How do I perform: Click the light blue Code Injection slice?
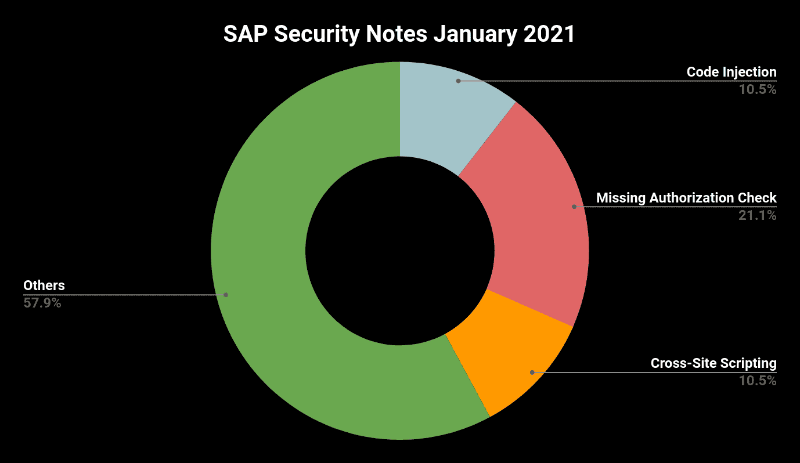[447, 110]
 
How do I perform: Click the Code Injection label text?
[731, 72]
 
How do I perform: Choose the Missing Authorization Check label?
[686, 198]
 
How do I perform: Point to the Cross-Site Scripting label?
[713, 363]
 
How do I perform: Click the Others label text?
[44, 285]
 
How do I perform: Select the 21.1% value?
[758, 215]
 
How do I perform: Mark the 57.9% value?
[42, 303]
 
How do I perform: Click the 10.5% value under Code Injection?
[758, 89]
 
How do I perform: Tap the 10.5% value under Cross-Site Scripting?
[758, 381]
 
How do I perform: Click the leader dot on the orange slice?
[532, 372]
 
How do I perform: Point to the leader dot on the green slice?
[226, 295]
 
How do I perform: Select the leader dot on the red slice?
[574, 207]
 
